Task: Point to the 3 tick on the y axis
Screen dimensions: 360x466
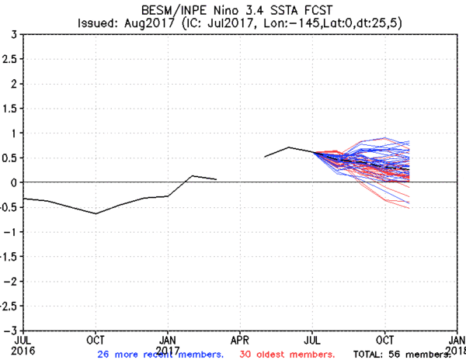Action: tap(14, 35)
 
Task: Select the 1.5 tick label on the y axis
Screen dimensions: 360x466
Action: tap(11, 109)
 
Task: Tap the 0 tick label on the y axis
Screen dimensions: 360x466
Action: tap(14, 182)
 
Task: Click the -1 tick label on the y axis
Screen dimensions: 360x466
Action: tap(12, 231)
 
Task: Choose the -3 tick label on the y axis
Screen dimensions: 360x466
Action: tap(12, 330)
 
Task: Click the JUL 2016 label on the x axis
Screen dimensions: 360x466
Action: tap(24, 344)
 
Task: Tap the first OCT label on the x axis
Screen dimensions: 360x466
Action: tap(96, 339)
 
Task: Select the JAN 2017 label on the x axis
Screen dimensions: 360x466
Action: tap(168, 344)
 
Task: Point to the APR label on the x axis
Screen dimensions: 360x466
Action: tap(240, 339)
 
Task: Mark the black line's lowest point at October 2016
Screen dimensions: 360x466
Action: tap(96, 213)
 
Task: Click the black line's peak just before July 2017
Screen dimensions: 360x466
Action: tap(288, 147)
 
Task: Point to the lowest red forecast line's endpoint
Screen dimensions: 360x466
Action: tap(409, 208)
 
